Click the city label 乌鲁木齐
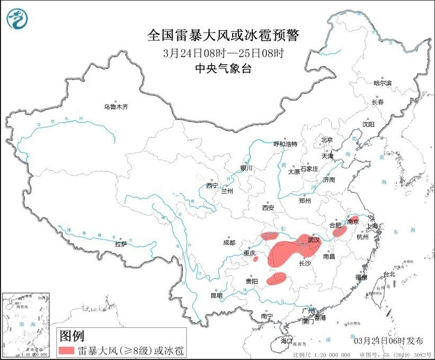(x=116, y=107)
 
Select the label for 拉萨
(x=121, y=244)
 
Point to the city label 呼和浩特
(x=285, y=144)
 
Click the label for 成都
(x=229, y=243)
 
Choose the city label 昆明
(x=217, y=295)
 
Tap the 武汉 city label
(x=314, y=240)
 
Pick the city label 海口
(x=287, y=340)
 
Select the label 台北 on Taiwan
(x=389, y=274)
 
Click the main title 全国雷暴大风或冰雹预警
(x=223, y=36)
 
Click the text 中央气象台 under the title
(x=223, y=68)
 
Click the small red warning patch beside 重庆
(x=256, y=259)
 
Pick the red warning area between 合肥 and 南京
(x=339, y=232)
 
